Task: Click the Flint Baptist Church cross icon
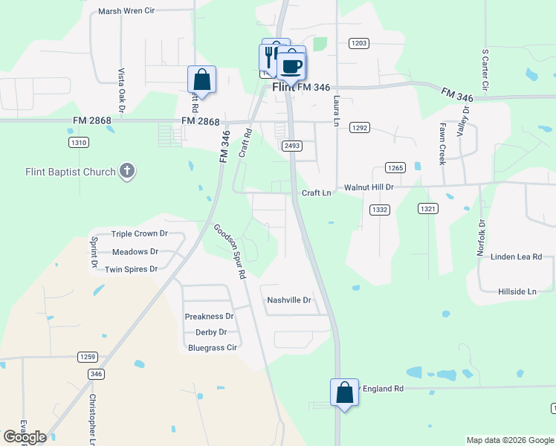127,172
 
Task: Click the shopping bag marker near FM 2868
201,79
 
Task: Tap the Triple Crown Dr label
140,233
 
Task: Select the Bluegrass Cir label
213,347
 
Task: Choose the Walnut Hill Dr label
369,188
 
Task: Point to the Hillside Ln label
517,292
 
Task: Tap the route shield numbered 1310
78,142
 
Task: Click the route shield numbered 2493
292,146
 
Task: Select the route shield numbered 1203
359,43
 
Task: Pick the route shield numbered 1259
87,357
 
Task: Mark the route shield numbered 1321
427,210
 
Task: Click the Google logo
25,437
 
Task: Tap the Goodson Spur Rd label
230,251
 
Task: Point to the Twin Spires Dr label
132,269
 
